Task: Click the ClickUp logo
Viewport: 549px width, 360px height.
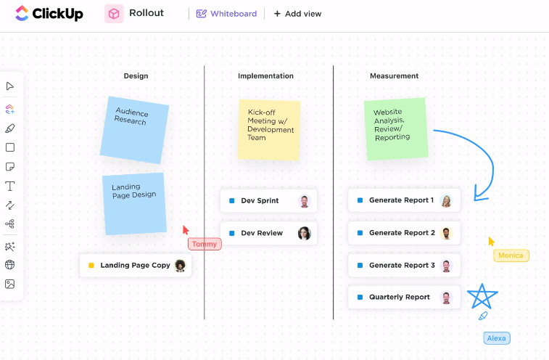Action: (49, 13)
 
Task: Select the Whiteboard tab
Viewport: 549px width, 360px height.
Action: (226, 14)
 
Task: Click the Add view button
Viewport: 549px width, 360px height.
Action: (297, 14)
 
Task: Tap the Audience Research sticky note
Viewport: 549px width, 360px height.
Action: (134, 129)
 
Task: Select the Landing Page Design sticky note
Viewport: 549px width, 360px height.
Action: (134, 203)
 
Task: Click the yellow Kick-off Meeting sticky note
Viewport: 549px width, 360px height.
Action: (269, 129)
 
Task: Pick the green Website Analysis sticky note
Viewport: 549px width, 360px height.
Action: (395, 128)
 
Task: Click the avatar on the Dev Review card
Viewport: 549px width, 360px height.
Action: (305, 233)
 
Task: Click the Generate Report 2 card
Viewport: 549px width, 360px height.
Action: (403, 233)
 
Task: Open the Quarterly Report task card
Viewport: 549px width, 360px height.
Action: (403, 298)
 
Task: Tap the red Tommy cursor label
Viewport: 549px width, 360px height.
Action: (205, 245)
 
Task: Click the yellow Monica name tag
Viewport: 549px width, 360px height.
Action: (511, 255)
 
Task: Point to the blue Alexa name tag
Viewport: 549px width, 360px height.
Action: (497, 338)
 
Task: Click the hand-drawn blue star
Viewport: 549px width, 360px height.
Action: (482, 296)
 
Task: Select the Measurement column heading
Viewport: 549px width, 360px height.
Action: (394, 76)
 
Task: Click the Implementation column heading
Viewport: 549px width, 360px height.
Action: (265, 76)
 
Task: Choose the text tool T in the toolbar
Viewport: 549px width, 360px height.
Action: (10, 187)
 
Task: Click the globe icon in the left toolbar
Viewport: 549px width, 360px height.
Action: (10, 265)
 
